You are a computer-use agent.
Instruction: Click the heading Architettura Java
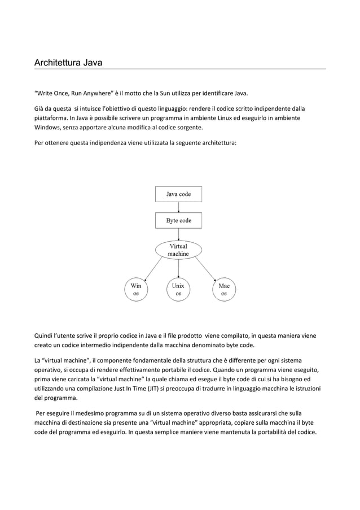pyautogui.click(x=65, y=61)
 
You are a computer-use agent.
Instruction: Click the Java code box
pyautogui.click(x=178, y=194)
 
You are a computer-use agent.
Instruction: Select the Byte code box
pyautogui.click(x=178, y=220)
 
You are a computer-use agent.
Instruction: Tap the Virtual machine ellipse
pyautogui.click(x=178, y=251)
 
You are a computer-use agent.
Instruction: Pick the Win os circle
pyautogui.click(x=137, y=290)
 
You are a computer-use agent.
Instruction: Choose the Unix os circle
pyautogui.click(x=178, y=290)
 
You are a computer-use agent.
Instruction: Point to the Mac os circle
pyautogui.click(x=224, y=290)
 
